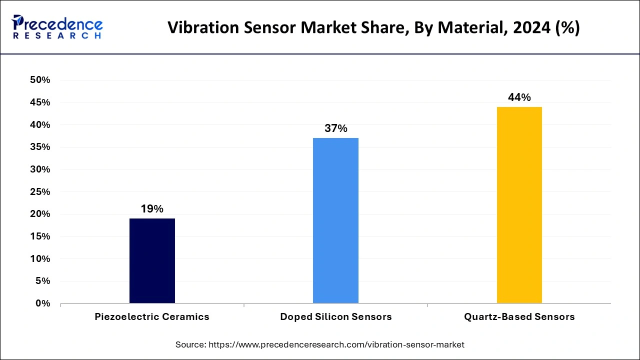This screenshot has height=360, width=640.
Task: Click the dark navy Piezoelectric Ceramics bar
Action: pos(152,260)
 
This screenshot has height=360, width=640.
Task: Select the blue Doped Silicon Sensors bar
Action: pos(335,220)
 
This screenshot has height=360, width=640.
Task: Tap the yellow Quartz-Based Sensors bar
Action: pos(519,205)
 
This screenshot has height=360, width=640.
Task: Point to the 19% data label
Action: pos(152,209)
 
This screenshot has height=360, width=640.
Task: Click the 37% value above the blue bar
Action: pos(335,128)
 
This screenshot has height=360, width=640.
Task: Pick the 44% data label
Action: pos(519,97)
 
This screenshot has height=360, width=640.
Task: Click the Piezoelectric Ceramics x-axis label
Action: pos(152,317)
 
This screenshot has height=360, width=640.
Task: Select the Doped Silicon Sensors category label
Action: pos(335,317)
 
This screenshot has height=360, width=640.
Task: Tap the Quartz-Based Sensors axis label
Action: pos(519,317)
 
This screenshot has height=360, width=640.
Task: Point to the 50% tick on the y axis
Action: pos(40,80)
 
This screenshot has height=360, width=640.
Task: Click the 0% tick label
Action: pos(43,303)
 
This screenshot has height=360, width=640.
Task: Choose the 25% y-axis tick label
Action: pos(40,192)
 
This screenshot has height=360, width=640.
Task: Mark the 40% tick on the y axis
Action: pos(40,125)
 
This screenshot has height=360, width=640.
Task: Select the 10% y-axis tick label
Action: pos(40,259)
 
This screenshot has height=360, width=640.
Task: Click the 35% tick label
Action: pos(40,147)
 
